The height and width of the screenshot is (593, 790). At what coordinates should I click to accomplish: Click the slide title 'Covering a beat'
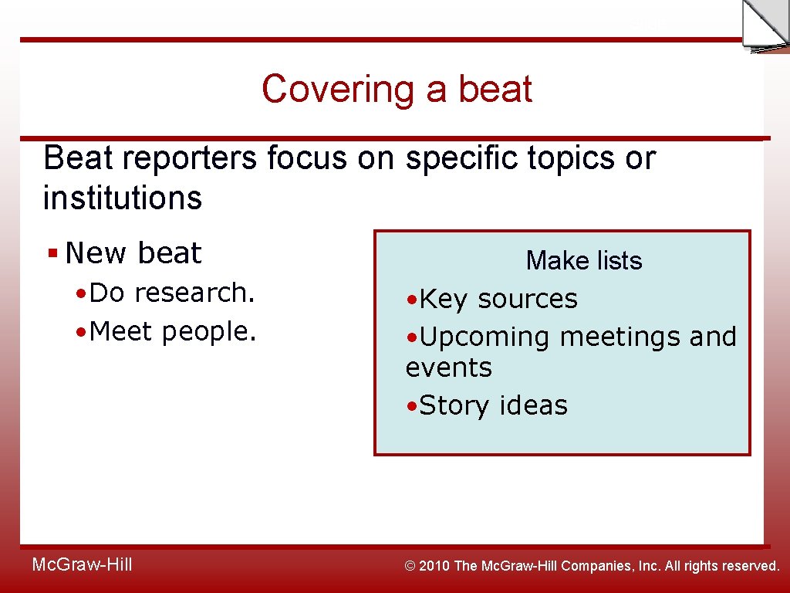coord(397,89)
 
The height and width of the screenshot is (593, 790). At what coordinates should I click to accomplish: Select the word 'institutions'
coord(122,198)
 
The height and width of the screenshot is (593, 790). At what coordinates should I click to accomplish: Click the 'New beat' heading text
coord(133,253)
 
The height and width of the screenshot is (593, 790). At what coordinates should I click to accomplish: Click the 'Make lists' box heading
coord(583,261)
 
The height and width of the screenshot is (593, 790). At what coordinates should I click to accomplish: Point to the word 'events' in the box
coord(448,368)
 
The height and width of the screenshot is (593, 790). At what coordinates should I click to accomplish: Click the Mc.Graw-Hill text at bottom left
coord(82,565)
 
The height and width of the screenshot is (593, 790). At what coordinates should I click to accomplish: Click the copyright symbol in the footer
coord(410,566)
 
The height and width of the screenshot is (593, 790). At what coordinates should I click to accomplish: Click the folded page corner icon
coord(764,25)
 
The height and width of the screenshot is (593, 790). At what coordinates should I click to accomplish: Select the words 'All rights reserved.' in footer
coord(722,566)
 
